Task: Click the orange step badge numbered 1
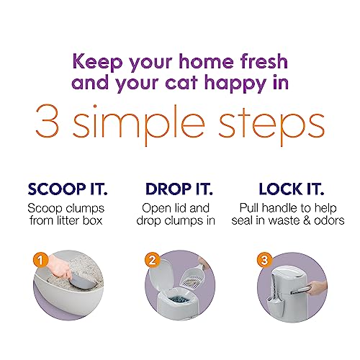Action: tap(41, 261)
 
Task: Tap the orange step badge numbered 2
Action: tap(153, 260)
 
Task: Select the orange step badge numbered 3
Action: tap(264, 260)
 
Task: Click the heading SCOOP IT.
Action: tap(68, 189)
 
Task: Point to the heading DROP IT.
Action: tap(179, 189)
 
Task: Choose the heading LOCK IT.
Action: tap(292, 189)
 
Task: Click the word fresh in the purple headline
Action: tap(264, 61)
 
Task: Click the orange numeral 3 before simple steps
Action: tap(48, 121)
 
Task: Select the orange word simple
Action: tap(138, 125)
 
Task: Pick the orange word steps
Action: tap(271, 126)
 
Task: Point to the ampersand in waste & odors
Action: tap(307, 221)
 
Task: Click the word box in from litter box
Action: tap(92, 220)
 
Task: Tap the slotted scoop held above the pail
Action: tap(194, 275)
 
